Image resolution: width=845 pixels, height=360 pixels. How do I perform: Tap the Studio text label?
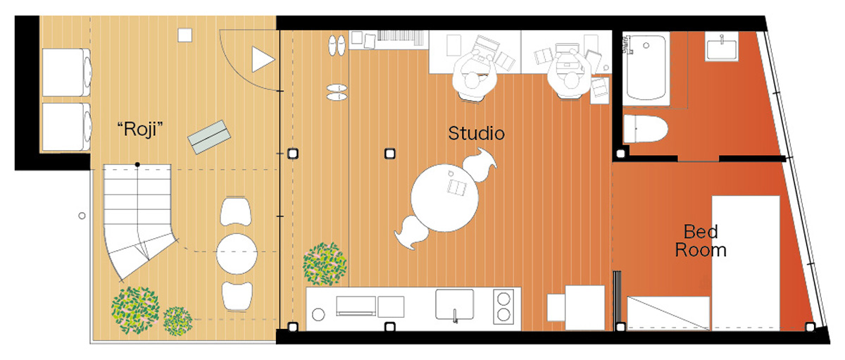coord(477,133)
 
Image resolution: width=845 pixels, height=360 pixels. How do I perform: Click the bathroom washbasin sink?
coord(722,49)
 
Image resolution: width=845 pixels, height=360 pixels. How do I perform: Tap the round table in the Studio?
coord(445,197)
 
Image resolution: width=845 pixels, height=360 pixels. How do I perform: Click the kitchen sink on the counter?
coord(456,304)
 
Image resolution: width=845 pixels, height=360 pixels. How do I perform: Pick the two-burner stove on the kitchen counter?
coord(504,304)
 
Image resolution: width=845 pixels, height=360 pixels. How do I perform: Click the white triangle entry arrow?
coord(262,59)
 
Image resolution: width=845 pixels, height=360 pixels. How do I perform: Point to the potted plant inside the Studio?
coord(325,264)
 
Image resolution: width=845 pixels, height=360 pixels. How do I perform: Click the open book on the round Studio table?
coord(456,187)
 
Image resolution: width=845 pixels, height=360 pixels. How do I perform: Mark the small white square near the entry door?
coord(184,35)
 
